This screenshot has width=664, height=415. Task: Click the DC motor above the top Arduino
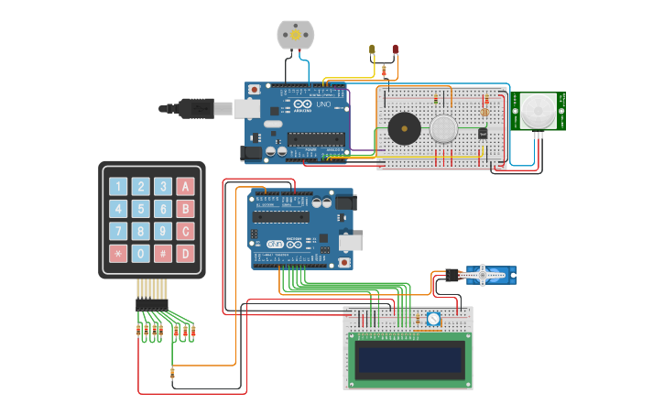pos(295,35)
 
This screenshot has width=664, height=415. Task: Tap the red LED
pos(395,49)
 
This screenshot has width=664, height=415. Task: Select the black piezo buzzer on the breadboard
pos(403,128)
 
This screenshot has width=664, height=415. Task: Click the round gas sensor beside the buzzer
pos(443,128)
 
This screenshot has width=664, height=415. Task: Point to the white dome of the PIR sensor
pos(533,113)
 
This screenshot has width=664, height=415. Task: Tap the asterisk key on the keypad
pos(118,254)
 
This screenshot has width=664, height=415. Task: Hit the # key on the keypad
pos(163,254)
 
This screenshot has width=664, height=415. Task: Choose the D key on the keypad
pos(186,254)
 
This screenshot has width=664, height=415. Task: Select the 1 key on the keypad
pos(118,187)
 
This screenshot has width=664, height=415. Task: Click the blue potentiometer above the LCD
pos(433,320)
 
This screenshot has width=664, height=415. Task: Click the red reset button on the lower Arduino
pos(344,262)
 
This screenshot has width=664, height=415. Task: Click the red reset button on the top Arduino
pos(254,90)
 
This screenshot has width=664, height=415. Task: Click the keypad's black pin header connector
pos(152,304)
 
